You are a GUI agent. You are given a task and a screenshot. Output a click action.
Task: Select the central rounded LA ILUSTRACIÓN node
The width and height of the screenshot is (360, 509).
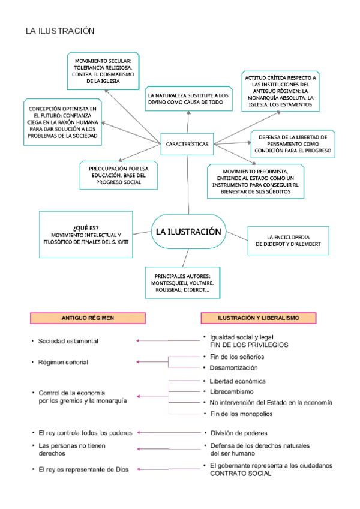tap(188, 232)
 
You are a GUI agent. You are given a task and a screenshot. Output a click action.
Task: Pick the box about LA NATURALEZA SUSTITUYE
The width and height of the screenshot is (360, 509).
tap(188, 100)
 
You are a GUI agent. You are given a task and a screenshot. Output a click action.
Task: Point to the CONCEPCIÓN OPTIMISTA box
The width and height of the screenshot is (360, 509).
tap(61, 122)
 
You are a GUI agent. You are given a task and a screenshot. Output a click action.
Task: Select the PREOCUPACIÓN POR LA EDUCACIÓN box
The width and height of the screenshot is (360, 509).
tap(118, 175)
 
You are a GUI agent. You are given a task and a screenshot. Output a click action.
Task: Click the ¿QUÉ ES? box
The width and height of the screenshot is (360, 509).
tap(86, 234)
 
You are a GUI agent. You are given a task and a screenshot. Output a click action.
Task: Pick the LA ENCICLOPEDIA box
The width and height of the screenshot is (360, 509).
tap(288, 241)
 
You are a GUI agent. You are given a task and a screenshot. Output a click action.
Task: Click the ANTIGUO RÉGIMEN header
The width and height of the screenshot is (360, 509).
tap(88, 318)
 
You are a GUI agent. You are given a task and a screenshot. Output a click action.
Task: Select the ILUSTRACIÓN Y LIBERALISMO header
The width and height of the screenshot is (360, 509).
tap(259, 318)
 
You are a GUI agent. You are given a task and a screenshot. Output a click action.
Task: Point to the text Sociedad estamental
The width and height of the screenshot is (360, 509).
tap(68, 341)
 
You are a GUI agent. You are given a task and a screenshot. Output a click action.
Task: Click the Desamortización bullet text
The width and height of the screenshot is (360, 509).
tap(233, 367)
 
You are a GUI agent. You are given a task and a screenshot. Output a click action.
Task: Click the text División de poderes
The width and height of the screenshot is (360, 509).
tap(238, 433)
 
